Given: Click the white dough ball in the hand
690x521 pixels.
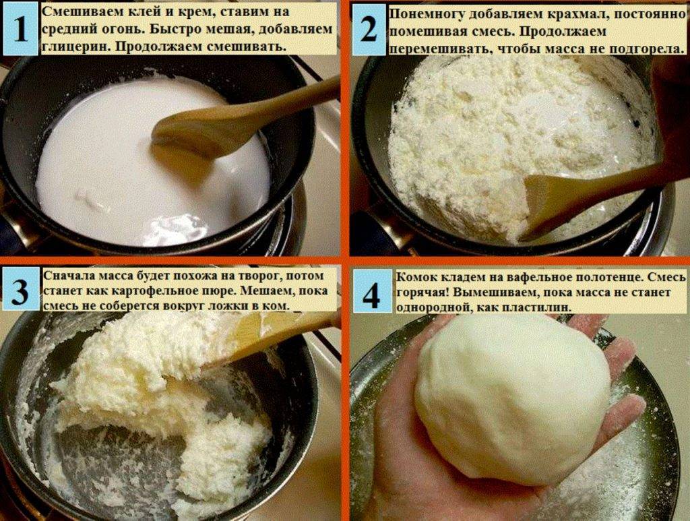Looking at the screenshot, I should pyautogui.click(x=512, y=398).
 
